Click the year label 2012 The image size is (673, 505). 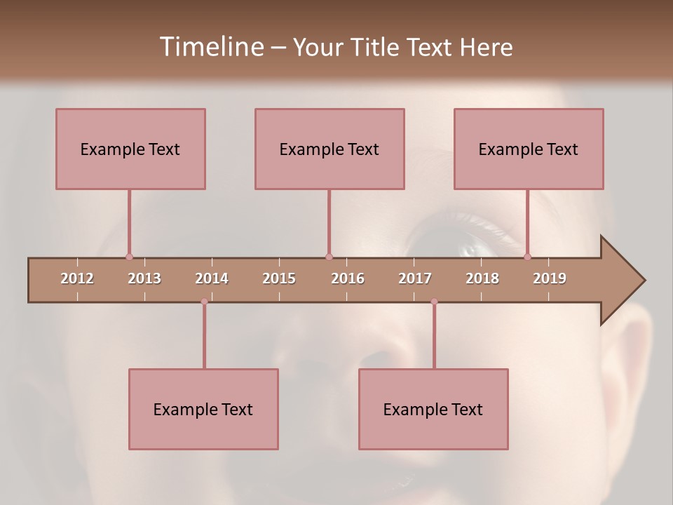77,278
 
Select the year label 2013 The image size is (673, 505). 144,278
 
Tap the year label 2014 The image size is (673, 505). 212,278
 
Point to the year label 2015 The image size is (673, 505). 279,278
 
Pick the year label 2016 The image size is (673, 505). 348,278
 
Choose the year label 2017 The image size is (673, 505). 415,278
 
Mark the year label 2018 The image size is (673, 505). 482,278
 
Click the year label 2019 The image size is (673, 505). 550,278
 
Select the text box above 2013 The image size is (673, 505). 130,149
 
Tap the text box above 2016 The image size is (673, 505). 329,149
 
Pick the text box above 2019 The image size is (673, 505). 529,149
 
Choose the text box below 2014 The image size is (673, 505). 203,409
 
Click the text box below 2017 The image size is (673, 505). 433,409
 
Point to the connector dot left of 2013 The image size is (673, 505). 129,257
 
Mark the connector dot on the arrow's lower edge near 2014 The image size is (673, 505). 204,302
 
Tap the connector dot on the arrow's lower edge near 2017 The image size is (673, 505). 434,302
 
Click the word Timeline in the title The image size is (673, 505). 210,47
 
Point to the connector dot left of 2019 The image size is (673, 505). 527,257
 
